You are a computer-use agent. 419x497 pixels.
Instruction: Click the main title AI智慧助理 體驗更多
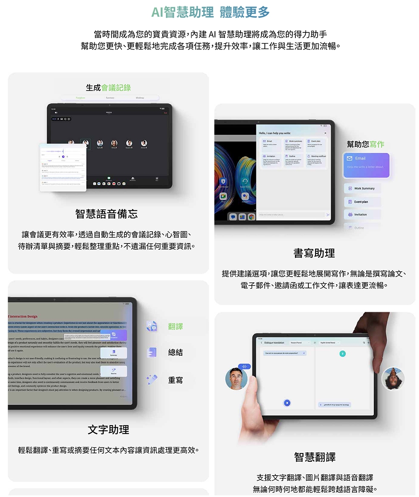click(210, 12)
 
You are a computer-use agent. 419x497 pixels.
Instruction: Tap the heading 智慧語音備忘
click(106, 214)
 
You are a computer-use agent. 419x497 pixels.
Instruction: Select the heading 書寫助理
click(314, 253)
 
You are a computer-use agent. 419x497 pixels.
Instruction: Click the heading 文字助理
click(108, 429)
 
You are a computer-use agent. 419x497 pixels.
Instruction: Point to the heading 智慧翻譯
click(315, 457)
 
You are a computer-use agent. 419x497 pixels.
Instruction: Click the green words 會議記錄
click(116, 87)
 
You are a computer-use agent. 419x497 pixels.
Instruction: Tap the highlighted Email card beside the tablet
click(367, 162)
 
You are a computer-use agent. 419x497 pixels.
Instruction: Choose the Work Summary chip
click(362, 188)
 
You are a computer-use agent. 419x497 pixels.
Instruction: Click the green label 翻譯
click(175, 326)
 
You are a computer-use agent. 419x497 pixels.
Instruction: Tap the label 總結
click(175, 353)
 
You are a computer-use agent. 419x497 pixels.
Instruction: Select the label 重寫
click(175, 380)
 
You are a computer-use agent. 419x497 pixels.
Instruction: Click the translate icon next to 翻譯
click(152, 326)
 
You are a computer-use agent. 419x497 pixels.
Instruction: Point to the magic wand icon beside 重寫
click(152, 380)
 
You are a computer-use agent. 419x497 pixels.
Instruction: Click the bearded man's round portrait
click(236, 379)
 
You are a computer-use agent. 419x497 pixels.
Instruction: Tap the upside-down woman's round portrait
click(393, 378)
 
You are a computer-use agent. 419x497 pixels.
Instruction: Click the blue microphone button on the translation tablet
click(287, 403)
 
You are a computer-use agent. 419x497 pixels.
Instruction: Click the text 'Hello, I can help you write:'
click(275, 133)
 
